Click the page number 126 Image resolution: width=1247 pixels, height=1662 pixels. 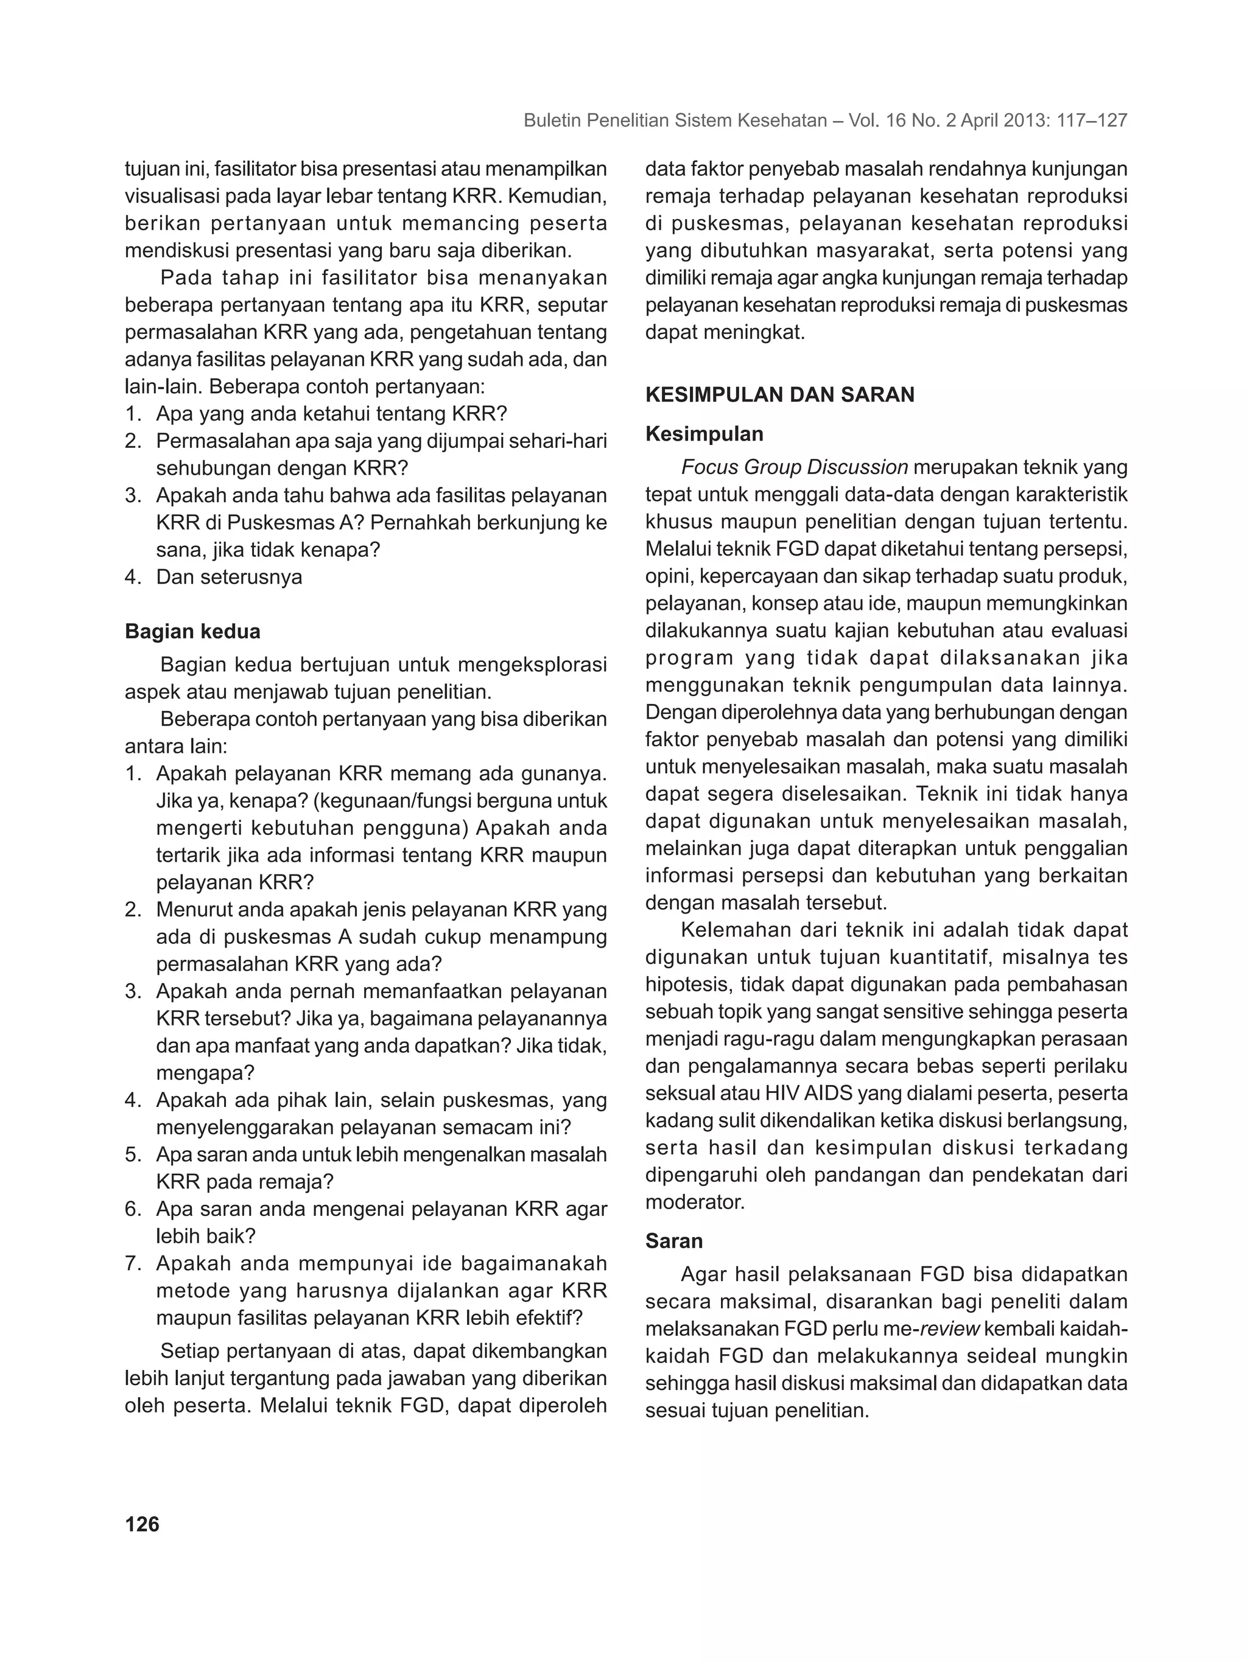[x=142, y=1524]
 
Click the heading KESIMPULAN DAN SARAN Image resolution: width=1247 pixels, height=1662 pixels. [x=779, y=395]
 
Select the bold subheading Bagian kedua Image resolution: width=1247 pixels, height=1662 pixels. [x=192, y=631]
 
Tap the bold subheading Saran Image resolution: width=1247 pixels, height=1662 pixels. [x=673, y=1240]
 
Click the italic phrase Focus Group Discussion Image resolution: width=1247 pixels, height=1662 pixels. [x=794, y=467]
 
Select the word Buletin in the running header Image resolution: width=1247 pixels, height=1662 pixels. [x=551, y=120]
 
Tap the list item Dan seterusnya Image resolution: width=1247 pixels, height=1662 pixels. [x=230, y=577]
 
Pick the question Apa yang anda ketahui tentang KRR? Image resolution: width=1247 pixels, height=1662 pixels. [x=331, y=413]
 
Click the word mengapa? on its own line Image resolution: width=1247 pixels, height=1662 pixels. [x=205, y=1073]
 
